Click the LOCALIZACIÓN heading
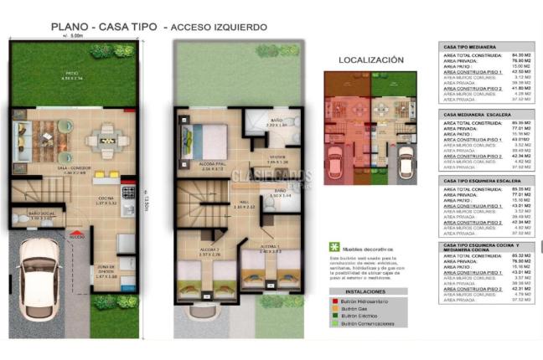click(x=370, y=60)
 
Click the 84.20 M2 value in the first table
click(x=517, y=56)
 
